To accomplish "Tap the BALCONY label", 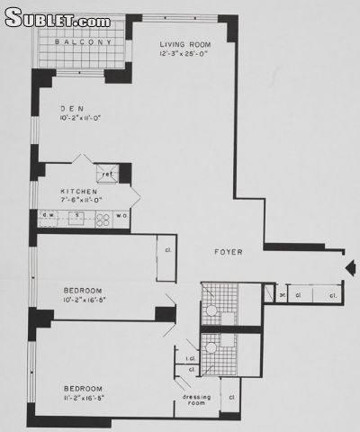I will click(82, 42).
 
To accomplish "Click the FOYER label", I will click(225, 253).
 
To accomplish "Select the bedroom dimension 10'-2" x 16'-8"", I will click(88, 300).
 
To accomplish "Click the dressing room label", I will click(196, 400).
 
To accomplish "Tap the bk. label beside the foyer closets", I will click(282, 294).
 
